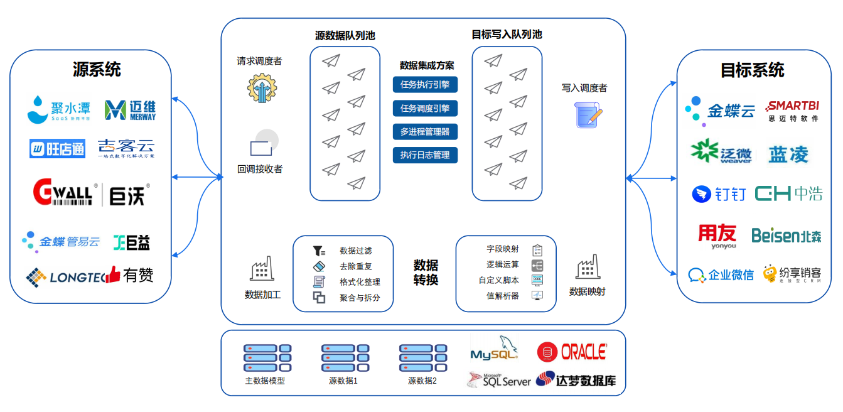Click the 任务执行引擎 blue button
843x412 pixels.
point(425,85)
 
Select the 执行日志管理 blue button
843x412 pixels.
point(425,155)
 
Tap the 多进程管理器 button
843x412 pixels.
point(425,132)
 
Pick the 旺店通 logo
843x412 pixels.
point(57,149)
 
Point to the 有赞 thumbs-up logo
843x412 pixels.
point(130,274)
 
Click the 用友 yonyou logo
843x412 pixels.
point(717,236)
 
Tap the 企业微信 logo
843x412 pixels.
point(721,275)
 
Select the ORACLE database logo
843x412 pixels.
point(572,352)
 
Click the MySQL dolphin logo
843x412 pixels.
point(495,349)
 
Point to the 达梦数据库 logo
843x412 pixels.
point(576,380)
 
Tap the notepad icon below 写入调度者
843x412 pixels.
point(588,115)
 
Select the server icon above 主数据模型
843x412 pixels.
point(267,358)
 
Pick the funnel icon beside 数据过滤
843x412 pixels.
point(319,251)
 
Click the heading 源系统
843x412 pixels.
point(97,69)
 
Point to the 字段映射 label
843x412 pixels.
point(503,249)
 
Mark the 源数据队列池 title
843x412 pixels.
point(345,36)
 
